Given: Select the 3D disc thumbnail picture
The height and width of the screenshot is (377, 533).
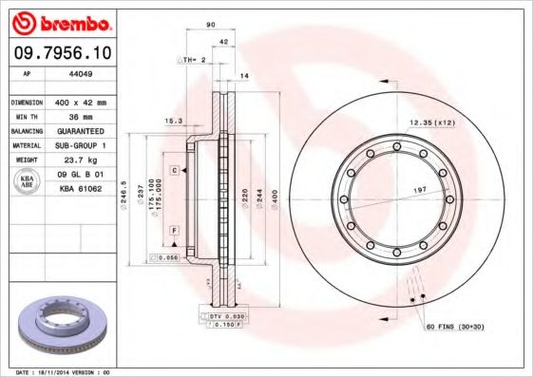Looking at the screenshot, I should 63,326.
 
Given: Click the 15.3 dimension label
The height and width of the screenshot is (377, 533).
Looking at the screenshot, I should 173,121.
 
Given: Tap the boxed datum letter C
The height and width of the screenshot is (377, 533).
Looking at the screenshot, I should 176,169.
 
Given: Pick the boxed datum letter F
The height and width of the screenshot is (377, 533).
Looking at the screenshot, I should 176,231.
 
